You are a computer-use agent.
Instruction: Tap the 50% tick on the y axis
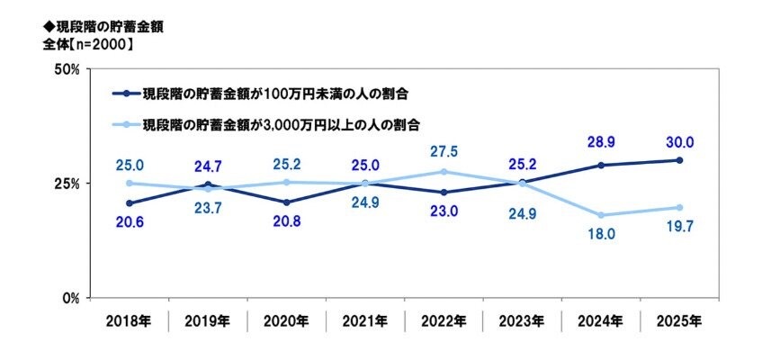[x=70, y=69]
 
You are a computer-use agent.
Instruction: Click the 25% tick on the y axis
[x=70, y=183]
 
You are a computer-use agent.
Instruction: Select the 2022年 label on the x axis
[x=444, y=319]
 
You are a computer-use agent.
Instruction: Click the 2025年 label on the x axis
[x=678, y=319]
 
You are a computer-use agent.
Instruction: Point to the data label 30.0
[x=679, y=142]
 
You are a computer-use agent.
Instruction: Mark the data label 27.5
[x=444, y=151]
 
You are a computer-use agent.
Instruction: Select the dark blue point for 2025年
[x=679, y=160]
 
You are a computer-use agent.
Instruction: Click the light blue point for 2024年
[x=600, y=215]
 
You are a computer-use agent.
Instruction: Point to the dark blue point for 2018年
[x=130, y=203]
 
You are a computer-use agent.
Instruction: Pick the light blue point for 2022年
[x=444, y=172]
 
